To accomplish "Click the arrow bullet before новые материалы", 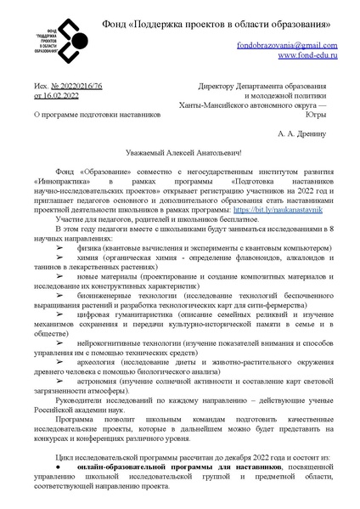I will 61,276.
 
